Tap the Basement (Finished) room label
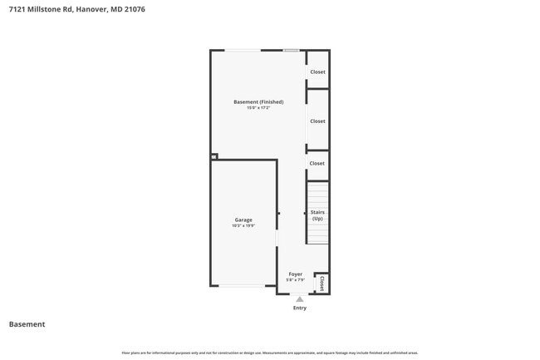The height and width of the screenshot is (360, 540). pos(258,102)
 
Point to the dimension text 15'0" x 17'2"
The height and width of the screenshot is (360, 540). pos(258,108)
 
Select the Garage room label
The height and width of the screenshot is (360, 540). pos(243,219)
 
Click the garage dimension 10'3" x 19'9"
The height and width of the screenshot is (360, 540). pos(243,225)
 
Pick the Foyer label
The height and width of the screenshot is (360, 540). pos(296,274)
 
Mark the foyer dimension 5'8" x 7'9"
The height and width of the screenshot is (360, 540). pos(296,279)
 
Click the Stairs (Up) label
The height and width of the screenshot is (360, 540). pos(317,215)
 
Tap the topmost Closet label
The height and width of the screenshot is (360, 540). pos(317,72)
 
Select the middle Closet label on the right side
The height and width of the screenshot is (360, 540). pos(317,121)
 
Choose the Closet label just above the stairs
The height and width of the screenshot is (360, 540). pos(317,163)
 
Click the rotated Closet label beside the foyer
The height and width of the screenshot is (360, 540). pos(322,283)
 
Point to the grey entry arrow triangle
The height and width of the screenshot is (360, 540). pos(300,298)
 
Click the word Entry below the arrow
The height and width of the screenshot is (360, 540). pos(300,308)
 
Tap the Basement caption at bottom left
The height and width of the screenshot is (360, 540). pos(27,324)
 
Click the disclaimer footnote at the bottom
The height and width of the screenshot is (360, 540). pos(270,353)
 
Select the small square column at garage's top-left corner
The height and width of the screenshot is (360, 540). pos(214,155)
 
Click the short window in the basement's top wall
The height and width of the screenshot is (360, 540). pos(291,51)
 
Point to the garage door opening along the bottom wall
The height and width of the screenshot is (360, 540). pos(243,286)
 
